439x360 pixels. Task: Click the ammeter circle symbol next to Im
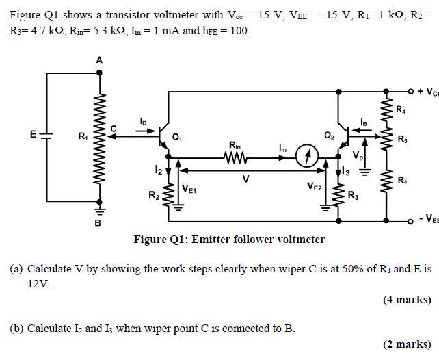[308, 157]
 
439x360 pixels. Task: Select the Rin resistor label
[235, 145]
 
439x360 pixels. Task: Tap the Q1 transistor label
[177, 137]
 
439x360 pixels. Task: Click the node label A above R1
[99, 61]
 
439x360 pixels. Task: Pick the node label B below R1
[97, 223]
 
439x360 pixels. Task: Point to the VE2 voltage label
[315, 186]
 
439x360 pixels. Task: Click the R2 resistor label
[154, 196]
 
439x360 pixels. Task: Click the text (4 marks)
[407, 299]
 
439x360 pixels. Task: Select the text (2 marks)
[407, 344]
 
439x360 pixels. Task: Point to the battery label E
[33, 134]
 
